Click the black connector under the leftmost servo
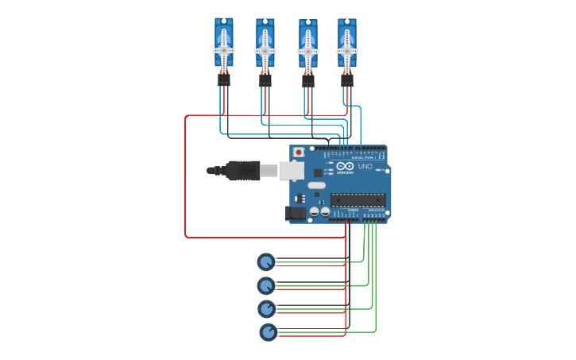tap(224, 79)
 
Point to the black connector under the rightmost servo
tap(347, 80)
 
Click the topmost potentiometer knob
tap(265, 261)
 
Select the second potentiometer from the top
tap(265, 285)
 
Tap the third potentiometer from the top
tap(266, 308)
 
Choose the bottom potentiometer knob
tap(269, 332)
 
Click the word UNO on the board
tap(365, 167)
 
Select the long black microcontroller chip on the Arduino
tap(358, 199)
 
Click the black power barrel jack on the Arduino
tap(296, 212)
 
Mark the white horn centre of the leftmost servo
tap(224, 50)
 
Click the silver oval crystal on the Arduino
tap(317, 185)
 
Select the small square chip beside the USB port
tap(319, 172)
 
